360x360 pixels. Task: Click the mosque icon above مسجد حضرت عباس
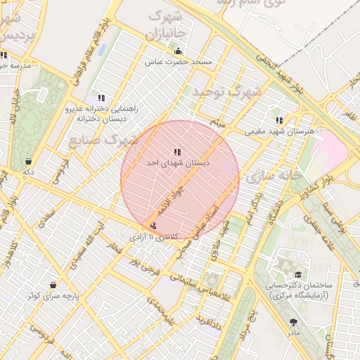click(x=178, y=51)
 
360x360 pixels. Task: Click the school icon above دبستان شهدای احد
click(x=177, y=151)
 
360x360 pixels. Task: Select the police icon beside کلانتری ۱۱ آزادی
click(x=154, y=226)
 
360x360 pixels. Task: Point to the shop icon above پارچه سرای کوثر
click(x=53, y=285)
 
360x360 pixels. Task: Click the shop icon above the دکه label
click(x=27, y=160)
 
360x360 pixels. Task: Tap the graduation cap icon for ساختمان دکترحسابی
click(x=297, y=275)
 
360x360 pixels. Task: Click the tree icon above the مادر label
click(x=293, y=322)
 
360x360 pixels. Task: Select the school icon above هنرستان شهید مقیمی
click(x=280, y=120)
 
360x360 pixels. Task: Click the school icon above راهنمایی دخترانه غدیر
click(x=101, y=98)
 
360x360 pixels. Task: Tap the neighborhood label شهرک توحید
click(x=226, y=91)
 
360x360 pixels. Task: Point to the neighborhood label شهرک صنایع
click(x=103, y=141)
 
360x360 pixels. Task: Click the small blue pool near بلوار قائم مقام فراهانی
click(x=103, y=51)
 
